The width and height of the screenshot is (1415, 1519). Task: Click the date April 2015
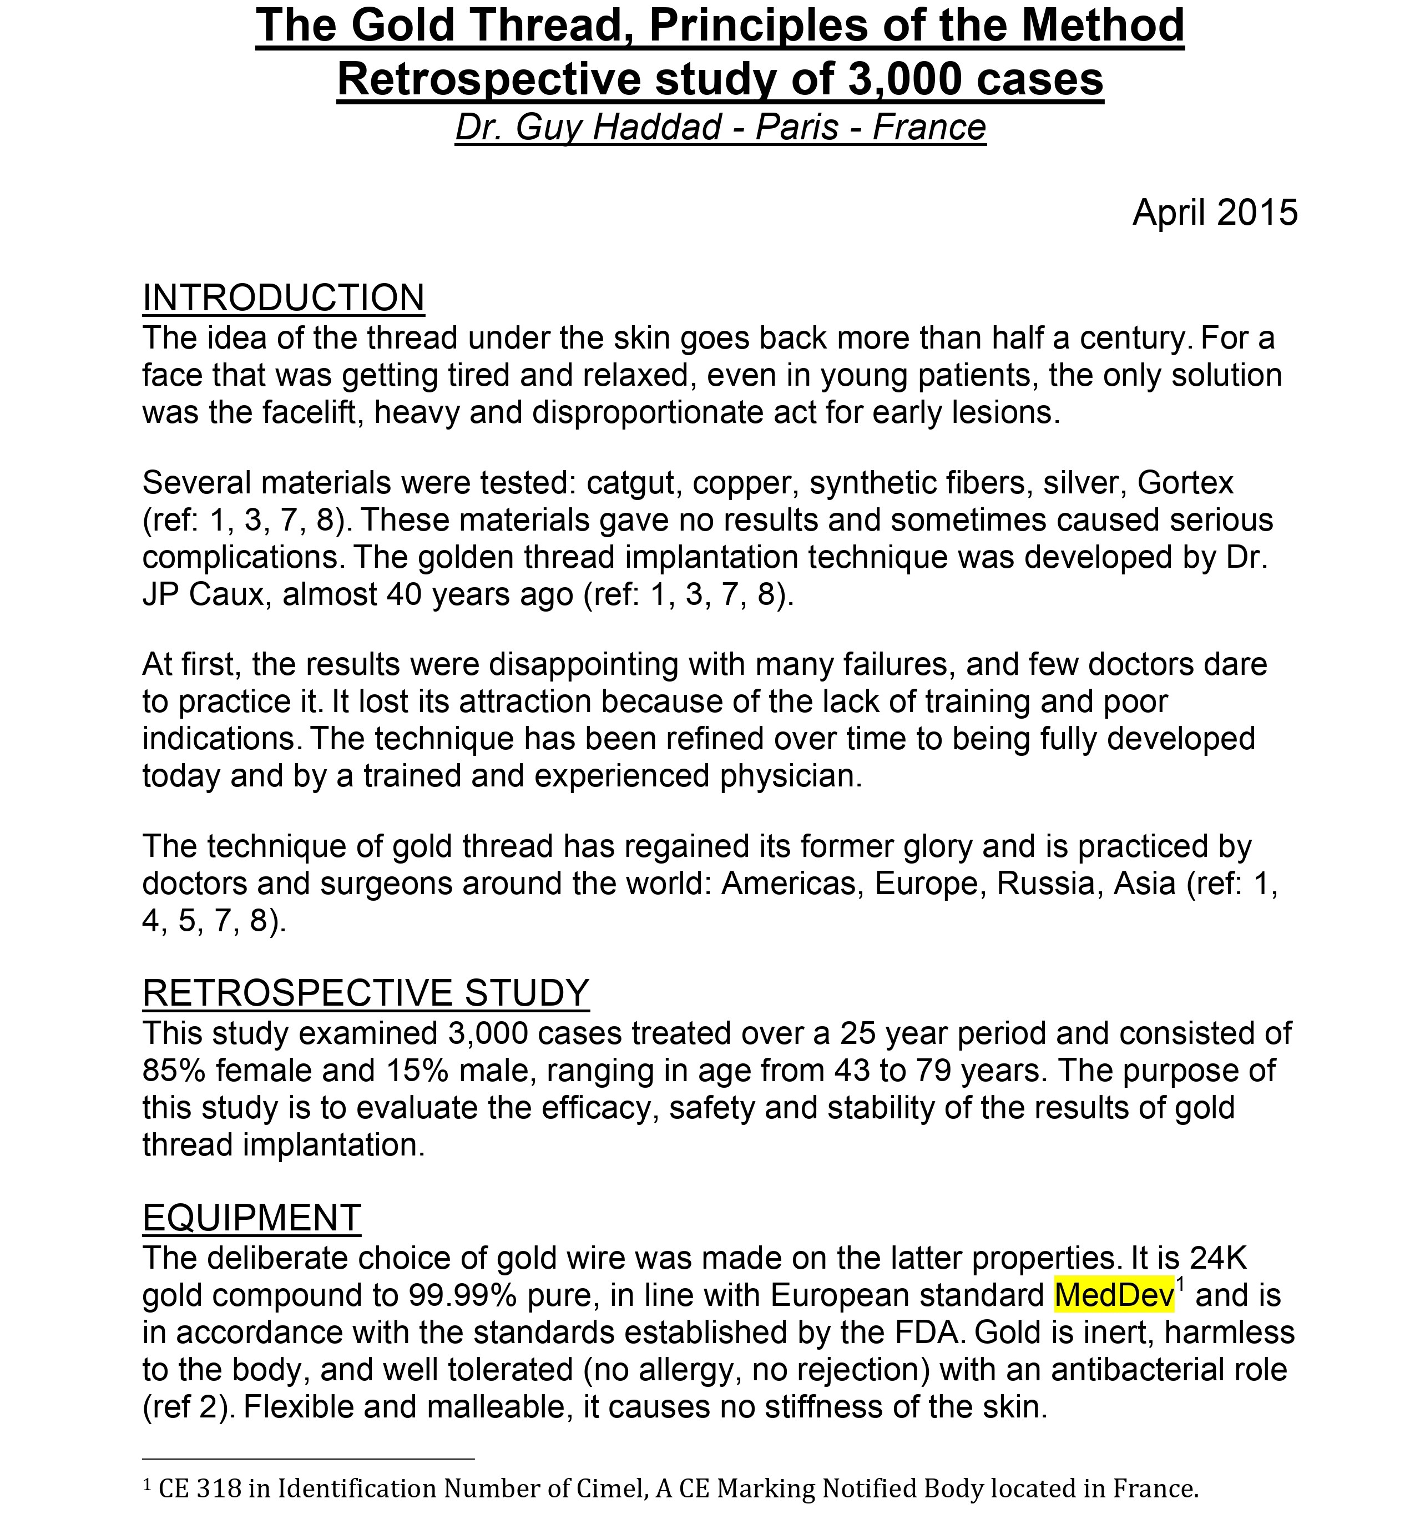pyautogui.click(x=1214, y=211)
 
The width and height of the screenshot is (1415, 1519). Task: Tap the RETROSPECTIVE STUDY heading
pyautogui.click(x=365, y=992)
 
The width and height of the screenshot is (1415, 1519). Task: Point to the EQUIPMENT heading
pyautogui.click(x=251, y=1217)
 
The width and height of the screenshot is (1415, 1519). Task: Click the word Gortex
pyautogui.click(x=1185, y=482)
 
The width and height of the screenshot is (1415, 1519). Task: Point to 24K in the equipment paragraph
pyautogui.click(x=1218, y=1257)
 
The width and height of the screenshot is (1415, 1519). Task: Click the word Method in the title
pyautogui.click(x=1103, y=24)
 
